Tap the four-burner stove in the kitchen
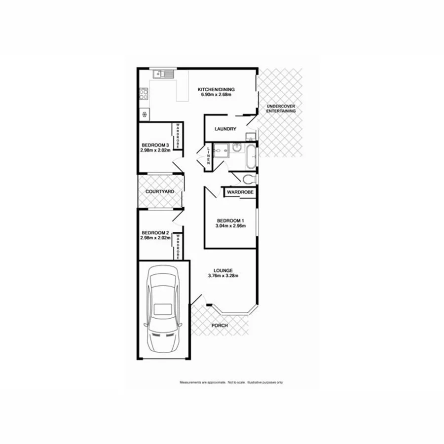pyautogui.click(x=144, y=93)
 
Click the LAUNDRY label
pyautogui.click(x=225, y=129)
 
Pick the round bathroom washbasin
pyautogui.click(x=236, y=148)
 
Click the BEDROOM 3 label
pyautogui.click(x=155, y=145)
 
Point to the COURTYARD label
pyautogui.click(x=158, y=191)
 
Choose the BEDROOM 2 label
pyautogui.click(x=155, y=233)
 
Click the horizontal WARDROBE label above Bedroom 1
pyautogui.click(x=240, y=191)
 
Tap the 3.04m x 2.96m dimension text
pyautogui.click(x=230, y=226)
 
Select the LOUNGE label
pyautogui.click(x=223, y=270)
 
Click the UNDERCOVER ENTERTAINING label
pyautogui.click(x=281, y=109)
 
